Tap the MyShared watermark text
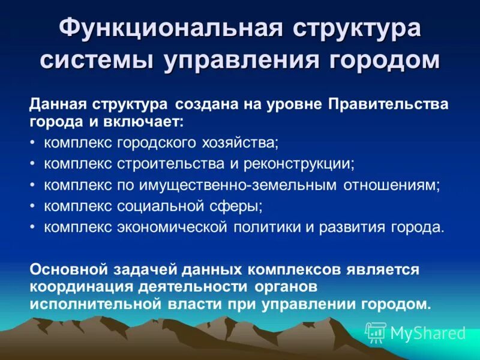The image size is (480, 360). tap(428, 332)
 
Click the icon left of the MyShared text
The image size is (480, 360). tap(376, 332)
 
